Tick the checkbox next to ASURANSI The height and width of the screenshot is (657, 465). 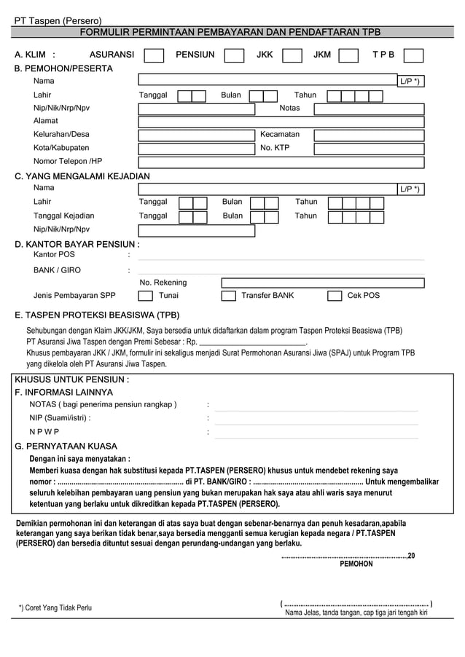tap(154, 55)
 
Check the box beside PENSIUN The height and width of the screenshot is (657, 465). tap(234, 55)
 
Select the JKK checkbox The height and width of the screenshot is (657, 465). tap(292, 55)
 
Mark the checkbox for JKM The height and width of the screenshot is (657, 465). tap(348, 55)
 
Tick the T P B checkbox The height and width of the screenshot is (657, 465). tap(413, 55)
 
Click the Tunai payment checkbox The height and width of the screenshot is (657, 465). tap(146, 296)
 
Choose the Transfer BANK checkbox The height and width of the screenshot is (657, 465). tap(229, 296)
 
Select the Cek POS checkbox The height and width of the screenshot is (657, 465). tap(335, 296)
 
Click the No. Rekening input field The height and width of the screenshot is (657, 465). tap(322, 283)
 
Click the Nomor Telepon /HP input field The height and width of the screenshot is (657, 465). tap(281, 162)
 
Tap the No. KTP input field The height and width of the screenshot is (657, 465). tap(369, 148)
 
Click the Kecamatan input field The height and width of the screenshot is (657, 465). tap(369, 135)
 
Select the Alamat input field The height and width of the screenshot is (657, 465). tap(281, 122)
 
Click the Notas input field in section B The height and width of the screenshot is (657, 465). tap(369, 109)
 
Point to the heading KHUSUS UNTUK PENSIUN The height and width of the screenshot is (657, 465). tap(72, 379)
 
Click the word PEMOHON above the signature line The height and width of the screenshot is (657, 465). tap(356, 564)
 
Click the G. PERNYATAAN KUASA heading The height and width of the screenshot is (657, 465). tap(66, 446)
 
